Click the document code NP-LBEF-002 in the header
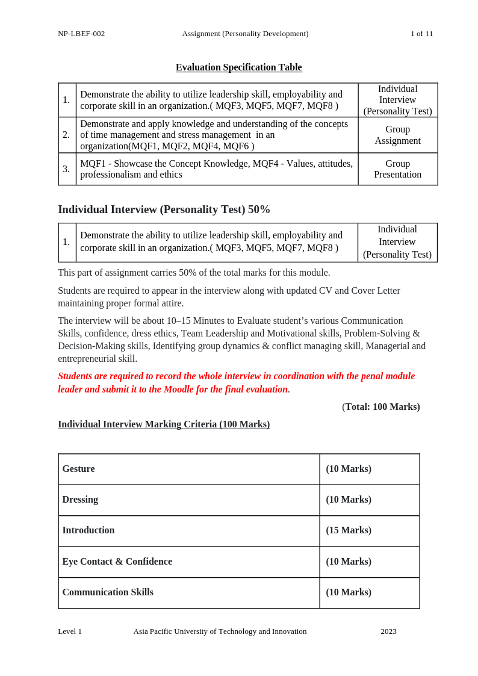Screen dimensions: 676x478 click(81, 34)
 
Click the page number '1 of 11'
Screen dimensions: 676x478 click(421, 34)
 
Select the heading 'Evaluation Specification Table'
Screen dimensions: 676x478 click(238, 67)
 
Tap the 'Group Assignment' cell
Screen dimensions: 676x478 click(397, 135)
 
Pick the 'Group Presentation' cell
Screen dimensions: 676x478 click(397, 169)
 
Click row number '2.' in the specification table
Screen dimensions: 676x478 click(66, 135)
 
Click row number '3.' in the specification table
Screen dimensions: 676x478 click(66, 169)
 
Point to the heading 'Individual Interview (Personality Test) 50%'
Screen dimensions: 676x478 click(164, 209)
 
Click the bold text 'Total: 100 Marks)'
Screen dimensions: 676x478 click(382, 407)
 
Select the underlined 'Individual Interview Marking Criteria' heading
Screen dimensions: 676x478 click(164, 424)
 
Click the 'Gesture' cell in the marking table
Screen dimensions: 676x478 click(78, 469)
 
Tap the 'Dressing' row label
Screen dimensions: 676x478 click(80, 500)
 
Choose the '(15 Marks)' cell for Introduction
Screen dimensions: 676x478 click(349, 530)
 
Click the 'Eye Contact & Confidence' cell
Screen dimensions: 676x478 click(117, 562)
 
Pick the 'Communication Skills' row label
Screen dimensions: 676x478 click(108, 592)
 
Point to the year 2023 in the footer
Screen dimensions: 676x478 click(388, 631)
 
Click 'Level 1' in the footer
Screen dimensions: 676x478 click(70, 631)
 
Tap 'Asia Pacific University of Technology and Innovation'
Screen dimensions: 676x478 click(220, 631)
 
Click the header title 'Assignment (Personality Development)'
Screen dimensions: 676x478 click(245, 34)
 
